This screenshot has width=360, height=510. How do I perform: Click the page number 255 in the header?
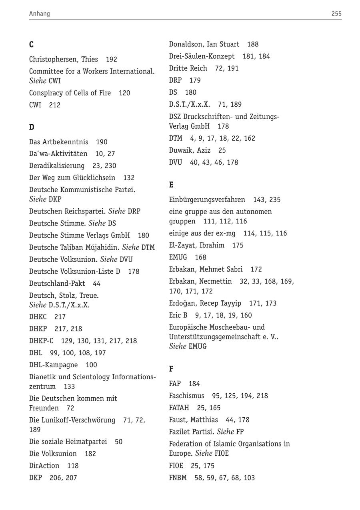click(336, 14)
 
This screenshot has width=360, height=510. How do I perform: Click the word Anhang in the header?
click(39, 14)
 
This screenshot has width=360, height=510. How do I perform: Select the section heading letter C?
click(31, 44)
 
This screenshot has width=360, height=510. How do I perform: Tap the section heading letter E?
click(171, 185)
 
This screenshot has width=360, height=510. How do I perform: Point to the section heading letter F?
click(171, 369)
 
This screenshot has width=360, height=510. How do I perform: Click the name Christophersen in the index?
click(53, 59)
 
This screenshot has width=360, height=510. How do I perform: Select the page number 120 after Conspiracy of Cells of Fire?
click(124, 93)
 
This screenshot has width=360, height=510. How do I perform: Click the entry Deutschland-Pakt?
click(57, 283)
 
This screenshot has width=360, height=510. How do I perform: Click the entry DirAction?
click(44, 466)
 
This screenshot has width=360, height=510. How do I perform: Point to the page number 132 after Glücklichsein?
click(129, 177)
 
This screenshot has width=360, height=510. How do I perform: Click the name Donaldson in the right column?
click(186, 44)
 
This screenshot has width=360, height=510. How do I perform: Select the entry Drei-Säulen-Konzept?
click(202, 56)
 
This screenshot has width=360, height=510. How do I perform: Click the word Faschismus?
click(186, 396)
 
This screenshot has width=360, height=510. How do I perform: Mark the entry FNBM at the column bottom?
click(178, 478)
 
